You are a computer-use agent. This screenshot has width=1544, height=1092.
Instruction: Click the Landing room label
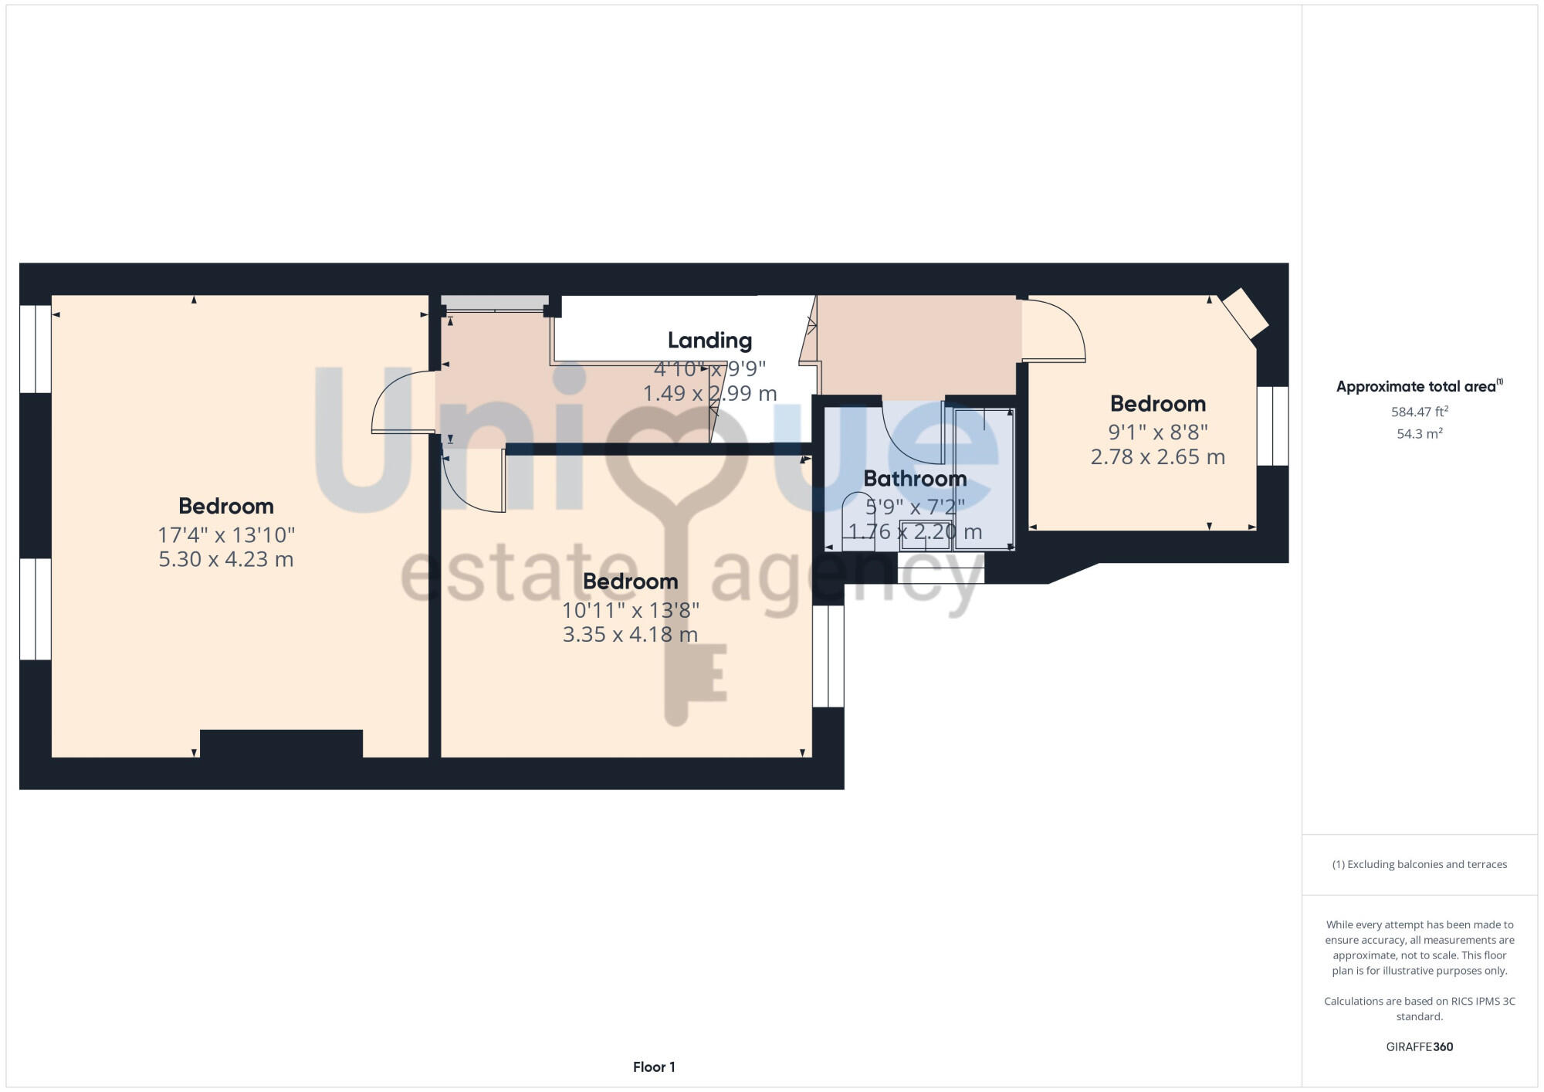(709, 341)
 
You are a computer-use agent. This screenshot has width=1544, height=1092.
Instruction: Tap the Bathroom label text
(915, 479)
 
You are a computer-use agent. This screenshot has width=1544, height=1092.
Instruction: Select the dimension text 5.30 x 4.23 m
(226, 559)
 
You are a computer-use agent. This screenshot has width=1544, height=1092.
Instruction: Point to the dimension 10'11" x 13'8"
(630, 610)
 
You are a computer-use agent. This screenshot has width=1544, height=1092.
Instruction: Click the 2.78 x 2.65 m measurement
(1157, 456)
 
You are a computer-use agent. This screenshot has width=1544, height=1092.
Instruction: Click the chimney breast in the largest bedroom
(281, 743)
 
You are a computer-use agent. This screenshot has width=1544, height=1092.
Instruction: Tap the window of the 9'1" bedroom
(1272, 426)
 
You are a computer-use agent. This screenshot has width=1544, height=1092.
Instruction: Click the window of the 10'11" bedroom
(828, 656)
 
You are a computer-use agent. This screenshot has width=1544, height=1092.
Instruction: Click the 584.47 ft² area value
(1419, 412)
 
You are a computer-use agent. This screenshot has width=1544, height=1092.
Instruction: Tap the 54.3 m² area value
(1419, 434)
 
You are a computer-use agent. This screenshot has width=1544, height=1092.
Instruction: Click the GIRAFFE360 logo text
(1419, 1047)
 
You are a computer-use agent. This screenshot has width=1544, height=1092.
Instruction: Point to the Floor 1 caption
(654, 1067)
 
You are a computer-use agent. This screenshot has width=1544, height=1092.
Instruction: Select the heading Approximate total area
(1417, 387)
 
